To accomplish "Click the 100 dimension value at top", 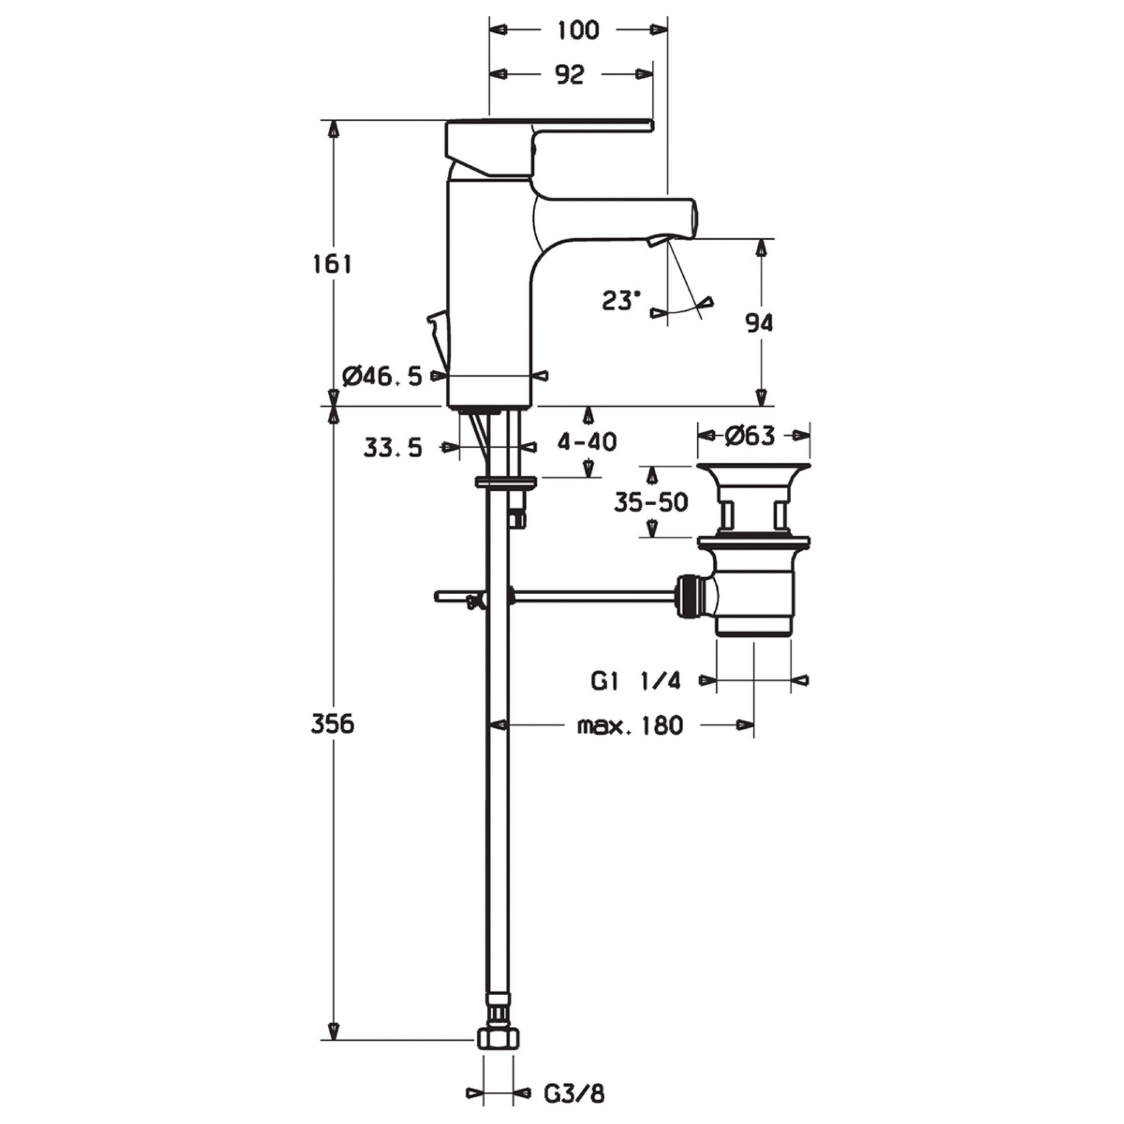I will click(x=578, y=30).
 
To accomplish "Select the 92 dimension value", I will click(x=570, y=75).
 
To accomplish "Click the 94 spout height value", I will click(x=759, y=323).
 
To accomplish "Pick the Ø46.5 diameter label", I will click(x=382, y=376).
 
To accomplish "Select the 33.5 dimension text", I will click(x=392, y=448).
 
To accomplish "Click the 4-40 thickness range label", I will click(x=586, y=441).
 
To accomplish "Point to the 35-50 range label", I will click(x=650, y=502).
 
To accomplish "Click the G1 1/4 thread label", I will click(x=635, y=681).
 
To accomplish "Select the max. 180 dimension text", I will click(x=630, y=726).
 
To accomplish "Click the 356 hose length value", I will click(x=332, y=724).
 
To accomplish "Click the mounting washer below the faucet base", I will click(x=506, y=482).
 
